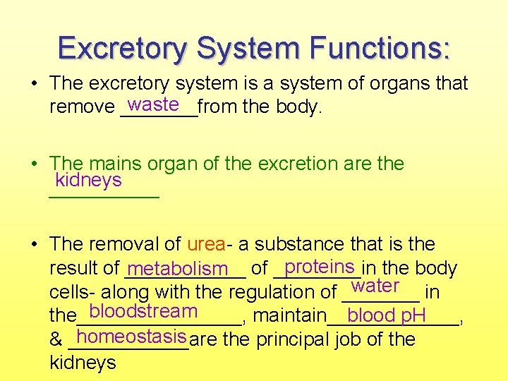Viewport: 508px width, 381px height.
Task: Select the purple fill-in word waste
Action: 153,104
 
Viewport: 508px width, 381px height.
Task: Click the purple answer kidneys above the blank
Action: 88,180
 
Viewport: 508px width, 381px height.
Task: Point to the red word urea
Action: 206,244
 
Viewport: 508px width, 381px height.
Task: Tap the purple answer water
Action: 375,286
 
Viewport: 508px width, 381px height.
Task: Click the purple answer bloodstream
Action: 143,310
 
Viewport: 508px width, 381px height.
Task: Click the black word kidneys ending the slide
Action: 83,363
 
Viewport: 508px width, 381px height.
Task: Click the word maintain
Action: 289,315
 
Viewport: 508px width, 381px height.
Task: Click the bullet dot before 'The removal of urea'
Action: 34,245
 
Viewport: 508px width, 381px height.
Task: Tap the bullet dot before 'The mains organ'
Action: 34,164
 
